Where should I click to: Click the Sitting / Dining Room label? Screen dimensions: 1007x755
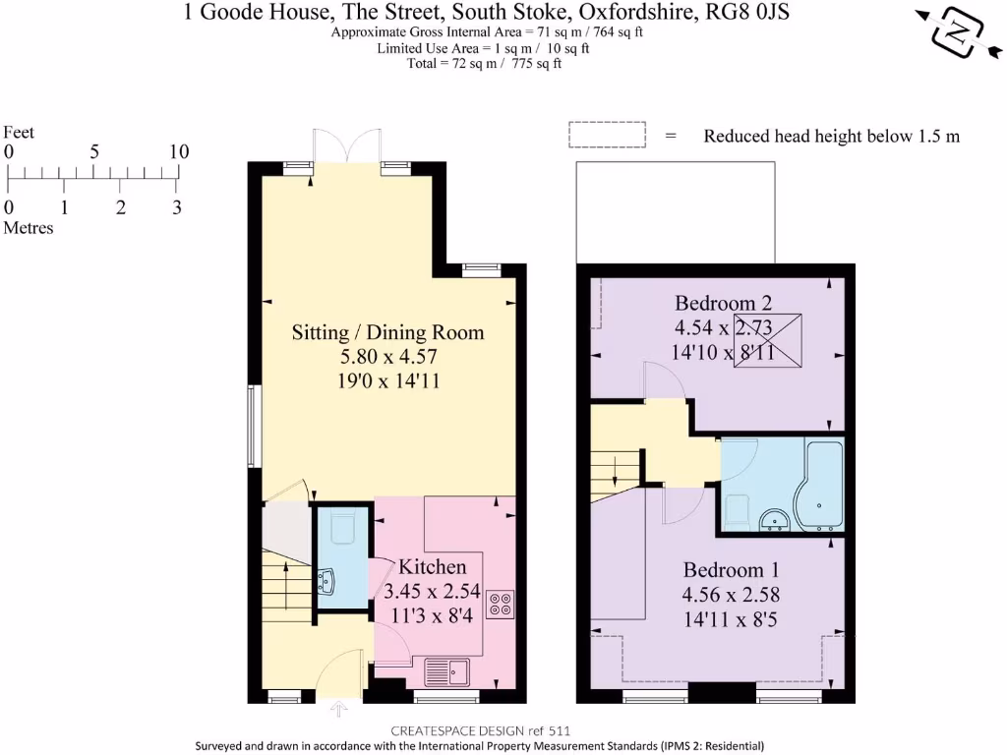coord(387,332)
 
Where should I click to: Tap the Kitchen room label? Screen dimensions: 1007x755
coord(433,567)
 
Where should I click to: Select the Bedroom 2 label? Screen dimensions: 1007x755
coord(723,303)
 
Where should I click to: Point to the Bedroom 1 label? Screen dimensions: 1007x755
coord(731,570)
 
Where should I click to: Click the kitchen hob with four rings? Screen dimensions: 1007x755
coord(501,604)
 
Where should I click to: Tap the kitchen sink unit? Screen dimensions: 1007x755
coord(447,672)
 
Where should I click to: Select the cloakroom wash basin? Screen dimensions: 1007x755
coord(326,581)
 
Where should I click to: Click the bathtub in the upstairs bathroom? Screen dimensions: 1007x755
coord(819,486)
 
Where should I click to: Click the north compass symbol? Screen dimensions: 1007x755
coord(958,32)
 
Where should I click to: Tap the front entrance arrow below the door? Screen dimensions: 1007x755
coord(338,709)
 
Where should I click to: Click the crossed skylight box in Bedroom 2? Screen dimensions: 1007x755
coord(767,340)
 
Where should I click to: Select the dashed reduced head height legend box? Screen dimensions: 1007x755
coord(607,135)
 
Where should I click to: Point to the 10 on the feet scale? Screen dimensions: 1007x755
coord(179,151)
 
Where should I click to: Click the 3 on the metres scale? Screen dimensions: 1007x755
coord(177,207)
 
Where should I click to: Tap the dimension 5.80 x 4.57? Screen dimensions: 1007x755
coord(388,356)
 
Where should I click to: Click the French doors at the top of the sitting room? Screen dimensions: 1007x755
coord(347,145)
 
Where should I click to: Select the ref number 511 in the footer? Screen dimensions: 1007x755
coord(559,730)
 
